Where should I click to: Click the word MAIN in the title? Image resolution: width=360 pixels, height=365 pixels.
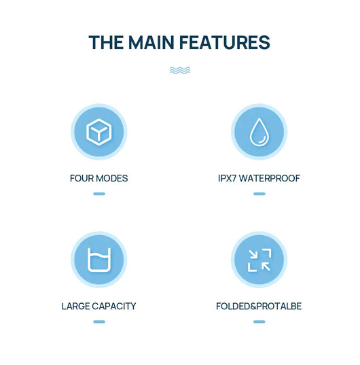coord(151,42)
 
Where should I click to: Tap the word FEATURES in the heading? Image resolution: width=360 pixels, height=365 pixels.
coord(225,42)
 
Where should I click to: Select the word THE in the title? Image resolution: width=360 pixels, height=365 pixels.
coord(106,42)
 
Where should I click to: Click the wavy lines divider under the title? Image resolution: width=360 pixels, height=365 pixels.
coord(180,70)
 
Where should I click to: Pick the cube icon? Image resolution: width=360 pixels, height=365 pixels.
coord(99,132)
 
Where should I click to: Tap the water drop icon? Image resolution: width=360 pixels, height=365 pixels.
coord(259,132)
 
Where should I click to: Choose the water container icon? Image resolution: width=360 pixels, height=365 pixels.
coord(99,260)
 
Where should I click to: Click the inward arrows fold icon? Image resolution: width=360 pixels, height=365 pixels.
coord(259,260)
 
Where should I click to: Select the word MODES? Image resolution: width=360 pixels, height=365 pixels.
coord(112,178)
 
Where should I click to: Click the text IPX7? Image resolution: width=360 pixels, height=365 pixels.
coord(228,178)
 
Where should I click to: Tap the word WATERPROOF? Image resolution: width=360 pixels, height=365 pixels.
coord(270,178)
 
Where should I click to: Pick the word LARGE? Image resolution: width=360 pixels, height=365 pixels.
coord(75,306)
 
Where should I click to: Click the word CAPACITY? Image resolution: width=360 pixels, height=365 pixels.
coord(114,306)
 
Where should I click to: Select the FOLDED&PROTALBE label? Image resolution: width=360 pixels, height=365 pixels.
coord(259,306)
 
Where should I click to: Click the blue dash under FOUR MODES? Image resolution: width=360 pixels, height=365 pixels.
coord(99,194)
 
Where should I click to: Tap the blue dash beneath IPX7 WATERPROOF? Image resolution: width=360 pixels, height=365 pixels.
coord(259,194)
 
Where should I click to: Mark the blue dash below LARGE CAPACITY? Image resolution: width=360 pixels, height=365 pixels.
coord(99,321)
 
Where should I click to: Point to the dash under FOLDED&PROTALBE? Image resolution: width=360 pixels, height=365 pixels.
coord(259,321)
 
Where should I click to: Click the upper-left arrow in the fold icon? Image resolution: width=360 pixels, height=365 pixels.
coord(253,254)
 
